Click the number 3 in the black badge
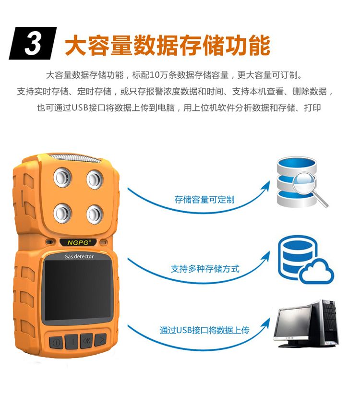[x=33, y=44]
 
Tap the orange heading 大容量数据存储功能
[x=168, y=46]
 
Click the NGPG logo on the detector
[x=78, y=242]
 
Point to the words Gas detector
[x=79, y=256]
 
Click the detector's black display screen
[x=77, y=290]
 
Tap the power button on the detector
[x=56, y=342]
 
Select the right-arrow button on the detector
[x=101, y=339]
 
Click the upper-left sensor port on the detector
[x=63, y=178]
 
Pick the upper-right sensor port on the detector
[x=95, y=179]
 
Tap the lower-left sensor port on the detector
[x=62, y=213]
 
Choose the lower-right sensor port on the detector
[x=95, y=215]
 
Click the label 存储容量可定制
[x=204, y=200]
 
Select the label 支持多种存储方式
[x=205, y=269]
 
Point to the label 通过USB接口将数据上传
[x=204, y=330]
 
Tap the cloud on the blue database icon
[x=317, y=273]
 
